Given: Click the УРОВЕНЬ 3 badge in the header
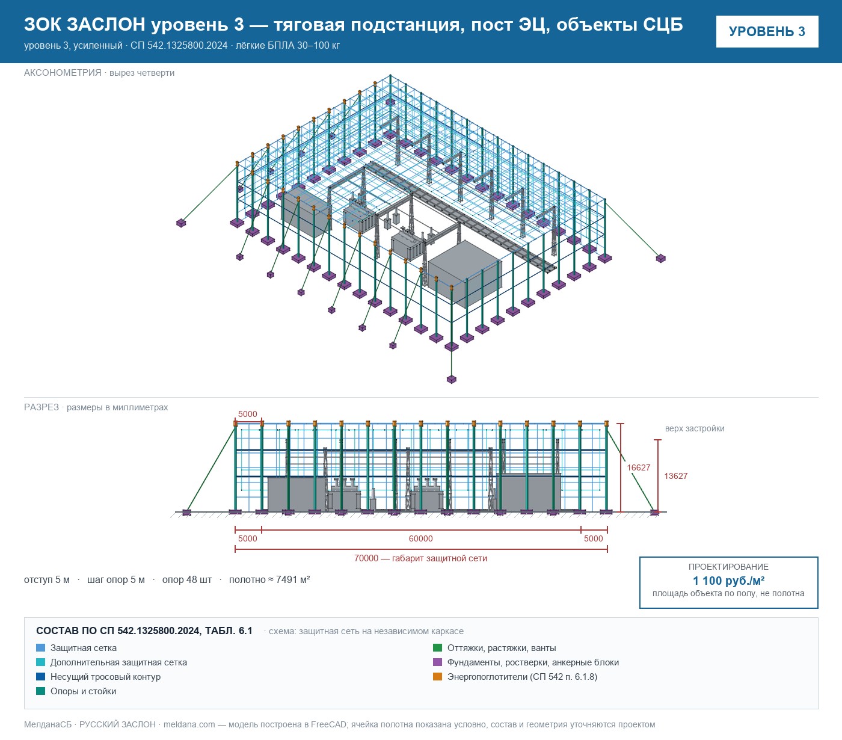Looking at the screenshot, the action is (x=767, y=32).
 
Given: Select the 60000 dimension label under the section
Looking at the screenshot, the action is (x=420, y=538).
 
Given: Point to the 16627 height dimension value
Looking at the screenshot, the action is (x=638, y=467).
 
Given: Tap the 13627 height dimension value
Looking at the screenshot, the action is (x=676, y=476).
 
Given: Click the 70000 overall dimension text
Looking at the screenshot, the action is (x=420, y=558).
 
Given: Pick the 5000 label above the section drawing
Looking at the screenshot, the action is (x=248, y=414).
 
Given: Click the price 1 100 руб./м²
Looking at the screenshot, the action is (x=728, y=581).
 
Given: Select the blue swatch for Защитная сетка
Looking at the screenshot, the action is (x=41, y=648).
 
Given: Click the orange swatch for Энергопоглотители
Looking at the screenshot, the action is (x=438, y=676).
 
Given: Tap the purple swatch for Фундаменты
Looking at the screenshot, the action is (x=438, y=662).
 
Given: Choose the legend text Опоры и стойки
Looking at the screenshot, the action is (x=83, y=691).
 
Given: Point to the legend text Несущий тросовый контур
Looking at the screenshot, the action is (x=106, y=676).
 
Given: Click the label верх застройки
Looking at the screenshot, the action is (x=695, y=428).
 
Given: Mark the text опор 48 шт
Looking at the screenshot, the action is (x=187, y=579).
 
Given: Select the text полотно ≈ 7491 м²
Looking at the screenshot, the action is (x=269, y=579).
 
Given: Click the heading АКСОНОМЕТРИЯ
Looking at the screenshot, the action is (x=63, y=73).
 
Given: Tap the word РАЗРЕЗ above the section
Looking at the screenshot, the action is (x=41, y=407).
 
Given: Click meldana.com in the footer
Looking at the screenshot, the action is (x=189, y=724).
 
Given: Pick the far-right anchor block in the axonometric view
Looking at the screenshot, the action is (x=660, y=259).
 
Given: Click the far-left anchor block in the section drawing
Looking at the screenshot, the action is (x=186, y=512).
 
